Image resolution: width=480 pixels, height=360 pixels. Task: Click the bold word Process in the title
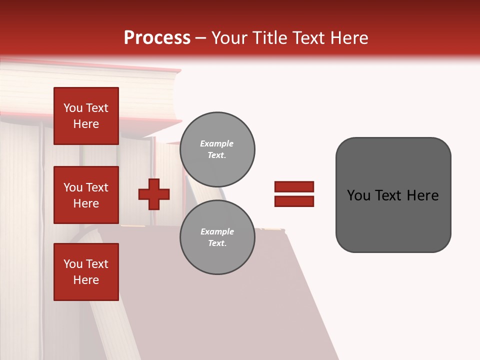[x=157, y=38]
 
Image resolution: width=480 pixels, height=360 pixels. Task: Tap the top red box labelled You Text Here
[x=86, y=116]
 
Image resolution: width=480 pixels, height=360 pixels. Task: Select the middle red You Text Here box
[x=86, y=195]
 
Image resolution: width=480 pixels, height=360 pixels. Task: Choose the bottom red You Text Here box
[x=86, y=272]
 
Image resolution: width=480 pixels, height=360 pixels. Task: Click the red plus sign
[x=154, y=194]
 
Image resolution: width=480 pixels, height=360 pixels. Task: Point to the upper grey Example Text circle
[x=217, y=149]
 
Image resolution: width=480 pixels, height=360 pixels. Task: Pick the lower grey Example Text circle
[x=217, y=237]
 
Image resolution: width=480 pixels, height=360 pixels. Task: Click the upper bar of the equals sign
[x=294, y=186]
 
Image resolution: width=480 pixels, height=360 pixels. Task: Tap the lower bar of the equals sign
[x=294, y=201]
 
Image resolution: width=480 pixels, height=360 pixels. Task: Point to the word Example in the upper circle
[x=216, y=143]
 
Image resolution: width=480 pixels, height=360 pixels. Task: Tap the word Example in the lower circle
[x=217, y=231]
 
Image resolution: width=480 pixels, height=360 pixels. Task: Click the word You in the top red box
[x=73, y=108]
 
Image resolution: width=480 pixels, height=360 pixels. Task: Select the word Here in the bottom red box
[x=86, y=280]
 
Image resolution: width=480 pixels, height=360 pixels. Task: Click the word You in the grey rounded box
[x=358, y=195]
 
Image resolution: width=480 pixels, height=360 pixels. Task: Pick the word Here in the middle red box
[x=86, y=203]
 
